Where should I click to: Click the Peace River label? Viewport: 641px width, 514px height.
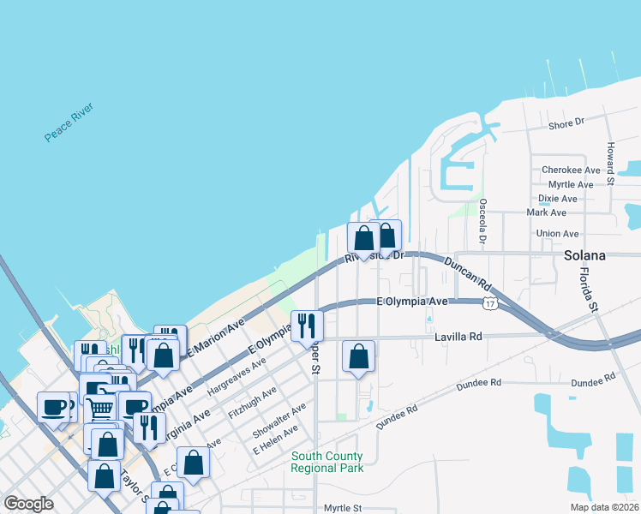tap(69, 123)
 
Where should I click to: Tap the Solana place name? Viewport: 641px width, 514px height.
tap(585, 255)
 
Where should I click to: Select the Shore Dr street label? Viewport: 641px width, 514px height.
tap(566, 123)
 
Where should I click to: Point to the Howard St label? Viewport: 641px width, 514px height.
tap(611, 164)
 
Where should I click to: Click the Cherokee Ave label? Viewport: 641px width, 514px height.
tap(571, 170)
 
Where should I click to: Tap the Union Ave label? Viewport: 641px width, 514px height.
tap(557, 234)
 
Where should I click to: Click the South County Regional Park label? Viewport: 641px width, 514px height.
tap(326, 462)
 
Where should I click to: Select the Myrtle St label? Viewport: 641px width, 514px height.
tap(344, 508)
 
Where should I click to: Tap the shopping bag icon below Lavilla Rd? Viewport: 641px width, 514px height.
tap(358, 356)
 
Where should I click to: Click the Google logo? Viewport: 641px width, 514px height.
tap(28, 504)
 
